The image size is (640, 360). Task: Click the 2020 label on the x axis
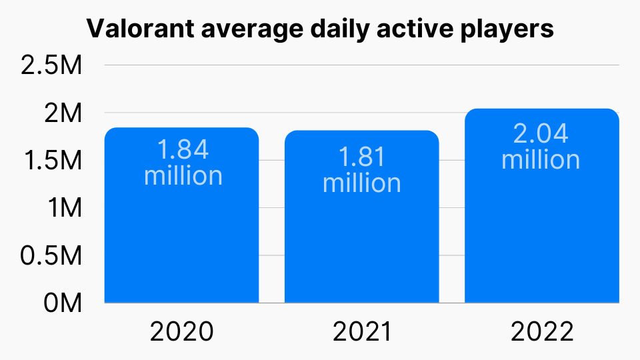pyautogui.click(x=182, y=332)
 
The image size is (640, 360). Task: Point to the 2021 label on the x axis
pyautogui.click(x=361, y=332)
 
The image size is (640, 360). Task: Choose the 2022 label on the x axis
pyautogui.click(x=541, y=332)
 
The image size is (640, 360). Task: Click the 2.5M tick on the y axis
pyautogui.click(x=51, y=66)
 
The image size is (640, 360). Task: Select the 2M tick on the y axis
pyautogui.click(x=63, y=113)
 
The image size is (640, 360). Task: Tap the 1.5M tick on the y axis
pyautogui.click(x=52, y=161)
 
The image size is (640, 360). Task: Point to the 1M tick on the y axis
pyautogui.click(x=65, y=208)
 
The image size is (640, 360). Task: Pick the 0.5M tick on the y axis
pyautogui.click(x=51, y=255)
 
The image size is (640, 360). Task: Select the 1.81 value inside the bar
pyautogui.click(x=362, y=157)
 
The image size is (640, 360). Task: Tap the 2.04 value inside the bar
pyautogui.click(x=541, y=134)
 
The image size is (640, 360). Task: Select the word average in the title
pyautogui.click(x=241, y=30)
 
